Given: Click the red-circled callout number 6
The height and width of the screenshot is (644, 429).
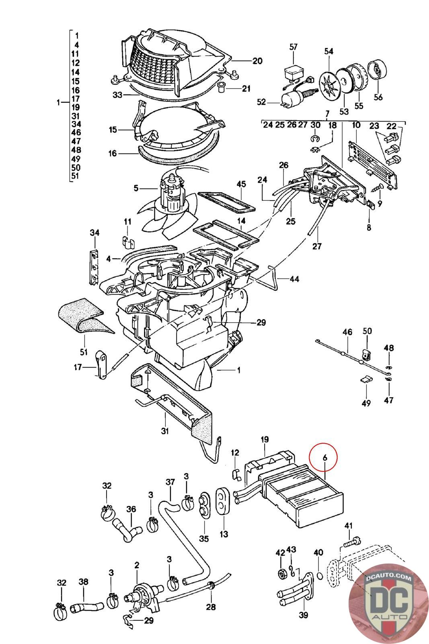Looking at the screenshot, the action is pyautogui.click(x=325, y=457).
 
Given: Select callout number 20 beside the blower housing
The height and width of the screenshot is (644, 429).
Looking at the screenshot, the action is pyautogui.click(x=257, y=61).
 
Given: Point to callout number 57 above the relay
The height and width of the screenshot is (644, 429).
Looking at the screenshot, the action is pyautogui.click(x=293, y=47).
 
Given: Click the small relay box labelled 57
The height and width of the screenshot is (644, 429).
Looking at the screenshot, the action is pyautogui.click(x=294, y=72).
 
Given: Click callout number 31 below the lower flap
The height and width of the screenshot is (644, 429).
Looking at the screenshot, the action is pyautogui.click(x=164, y=431).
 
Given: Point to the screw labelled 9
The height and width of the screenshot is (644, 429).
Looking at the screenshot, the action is pyautogui.click(x=376, y=188).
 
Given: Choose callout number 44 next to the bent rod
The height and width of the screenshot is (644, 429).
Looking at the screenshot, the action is pyautogui.click(x=294, y=279).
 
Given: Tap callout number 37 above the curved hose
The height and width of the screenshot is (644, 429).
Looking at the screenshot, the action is pyautogui.click(x=170, y=481).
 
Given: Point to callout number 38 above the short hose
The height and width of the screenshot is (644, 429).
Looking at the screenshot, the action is pyautogui.click(x=83, y=582).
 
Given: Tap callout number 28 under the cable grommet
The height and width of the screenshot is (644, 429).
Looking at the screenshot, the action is pyautogui.click(x=211, y=607).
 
